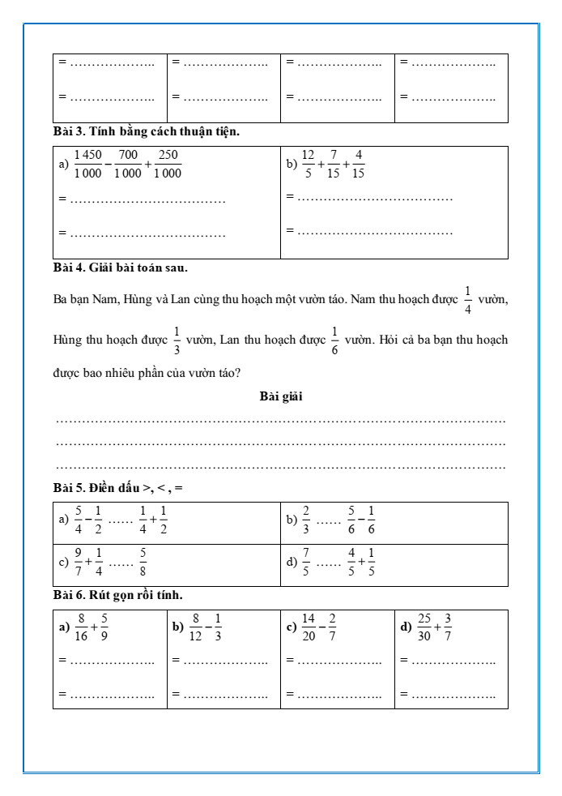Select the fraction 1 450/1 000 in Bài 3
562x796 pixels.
coord(87,164)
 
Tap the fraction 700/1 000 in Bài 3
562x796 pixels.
coord(128,164)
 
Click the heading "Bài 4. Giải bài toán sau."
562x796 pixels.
coord(121,266)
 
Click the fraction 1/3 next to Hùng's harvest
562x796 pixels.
coord(177,340)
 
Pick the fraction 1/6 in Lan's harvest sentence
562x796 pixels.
coord(334,340)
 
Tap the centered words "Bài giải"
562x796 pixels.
coord(281,396)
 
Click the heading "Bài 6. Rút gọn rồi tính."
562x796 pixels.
coord(118,595)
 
